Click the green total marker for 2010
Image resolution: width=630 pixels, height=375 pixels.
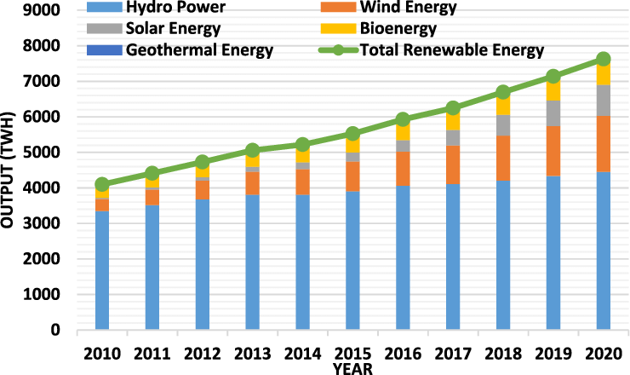click(102, 184)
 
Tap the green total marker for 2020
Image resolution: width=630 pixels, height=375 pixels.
click(603, 59)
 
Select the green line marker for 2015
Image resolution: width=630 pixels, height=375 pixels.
click(352, 134)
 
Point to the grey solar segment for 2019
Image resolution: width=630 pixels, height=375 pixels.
click(553, 112)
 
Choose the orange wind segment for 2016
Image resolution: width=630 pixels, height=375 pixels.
click(403, 168)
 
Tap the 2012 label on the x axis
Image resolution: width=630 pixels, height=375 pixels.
click(202, 352)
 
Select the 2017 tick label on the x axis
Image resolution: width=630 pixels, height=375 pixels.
click(452, 352)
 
